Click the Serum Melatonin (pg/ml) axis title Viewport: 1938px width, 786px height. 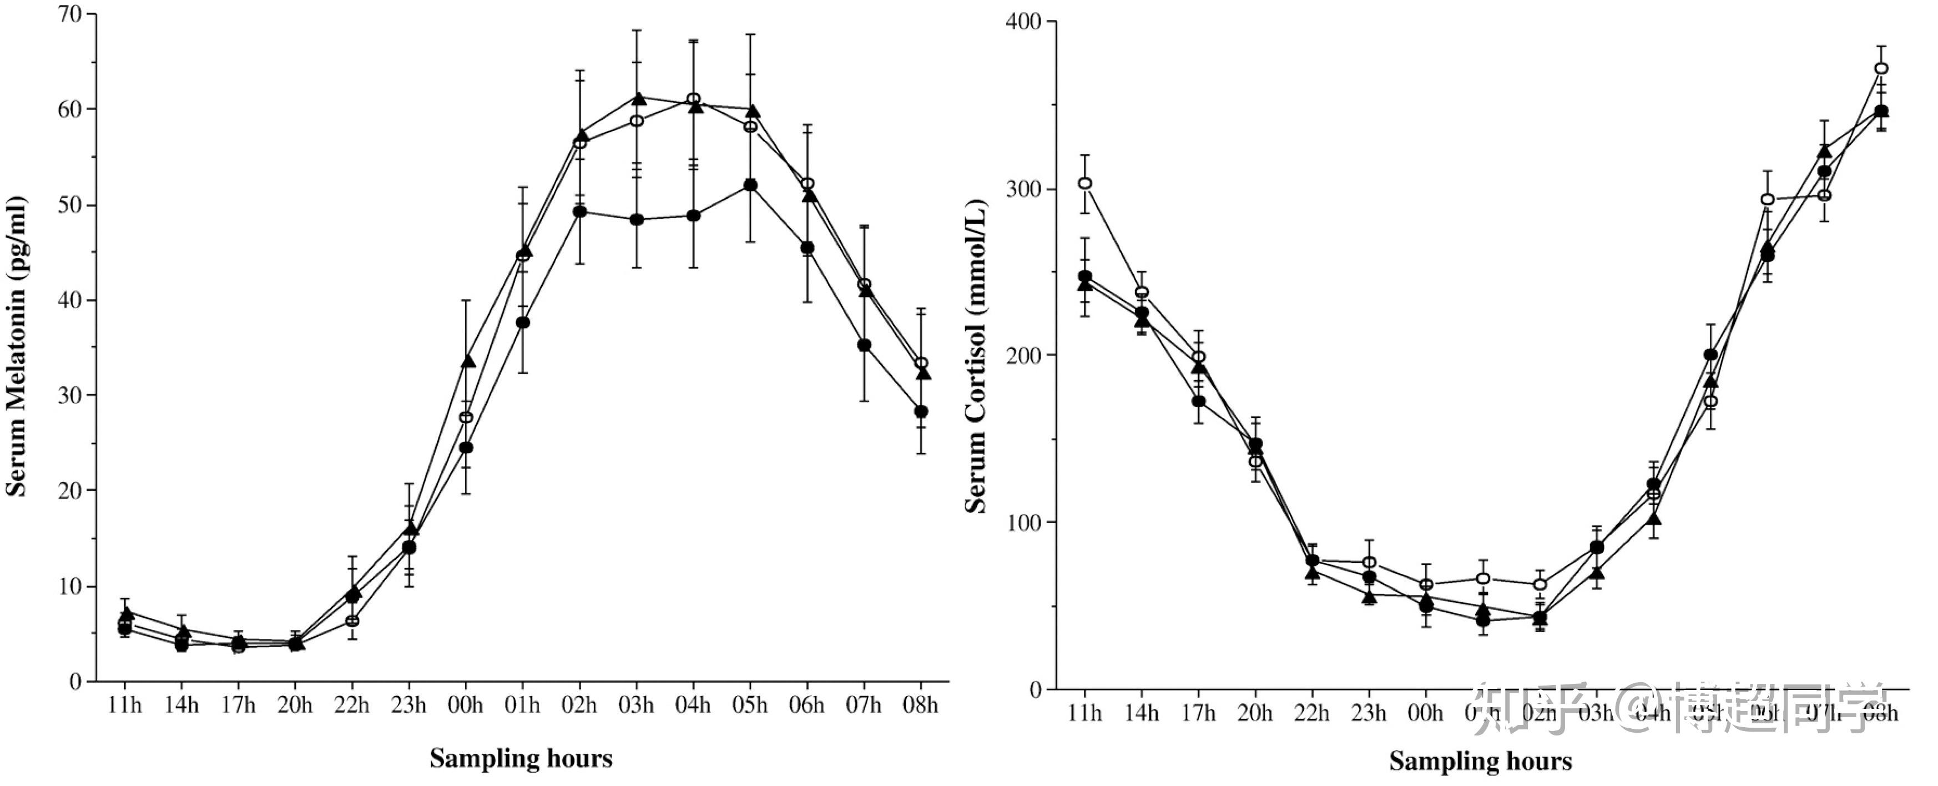17,346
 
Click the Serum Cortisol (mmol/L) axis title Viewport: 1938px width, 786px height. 976,356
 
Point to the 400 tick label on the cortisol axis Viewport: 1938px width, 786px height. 1023,21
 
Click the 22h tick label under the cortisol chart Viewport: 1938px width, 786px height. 1311,712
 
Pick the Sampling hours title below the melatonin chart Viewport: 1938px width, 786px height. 521,758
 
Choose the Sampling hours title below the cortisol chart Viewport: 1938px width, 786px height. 1480,760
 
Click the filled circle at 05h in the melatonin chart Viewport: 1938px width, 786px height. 750,185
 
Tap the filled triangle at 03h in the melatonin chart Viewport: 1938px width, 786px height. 639,99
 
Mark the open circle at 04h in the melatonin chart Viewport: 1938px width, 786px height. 694,99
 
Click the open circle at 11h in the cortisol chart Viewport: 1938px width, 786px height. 1085,184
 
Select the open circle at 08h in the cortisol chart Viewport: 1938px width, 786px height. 1881,68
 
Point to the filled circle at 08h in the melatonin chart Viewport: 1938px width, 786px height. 921,411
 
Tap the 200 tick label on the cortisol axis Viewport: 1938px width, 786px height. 1023,355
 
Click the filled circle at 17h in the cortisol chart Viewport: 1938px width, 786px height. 1198,401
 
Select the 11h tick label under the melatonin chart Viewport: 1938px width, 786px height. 124,706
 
